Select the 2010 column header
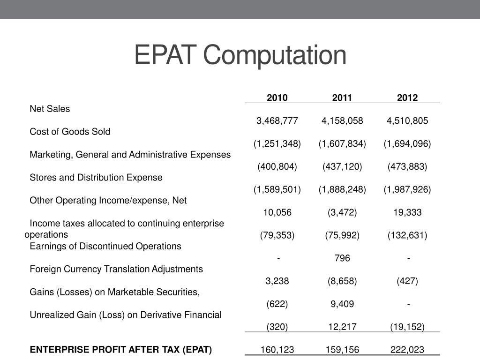click(277, 97)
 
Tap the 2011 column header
click(342, 97)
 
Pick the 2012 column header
click(407, 97)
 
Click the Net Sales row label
click(50, 109)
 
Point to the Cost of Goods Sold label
click(70, 132)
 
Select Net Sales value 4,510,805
click(407, 120)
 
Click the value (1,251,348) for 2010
click(277, 143)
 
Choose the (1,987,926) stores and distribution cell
click(407, 189)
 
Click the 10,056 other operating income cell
click(277, 212)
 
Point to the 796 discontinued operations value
click(342, 258)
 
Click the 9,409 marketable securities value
click(342, 304)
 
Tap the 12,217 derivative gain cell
click(342, 327)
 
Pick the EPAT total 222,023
click(407, 349)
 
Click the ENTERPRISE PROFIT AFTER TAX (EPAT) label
click(121, 349)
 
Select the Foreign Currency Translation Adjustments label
click(116, 269)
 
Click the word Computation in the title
click(275, 55)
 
